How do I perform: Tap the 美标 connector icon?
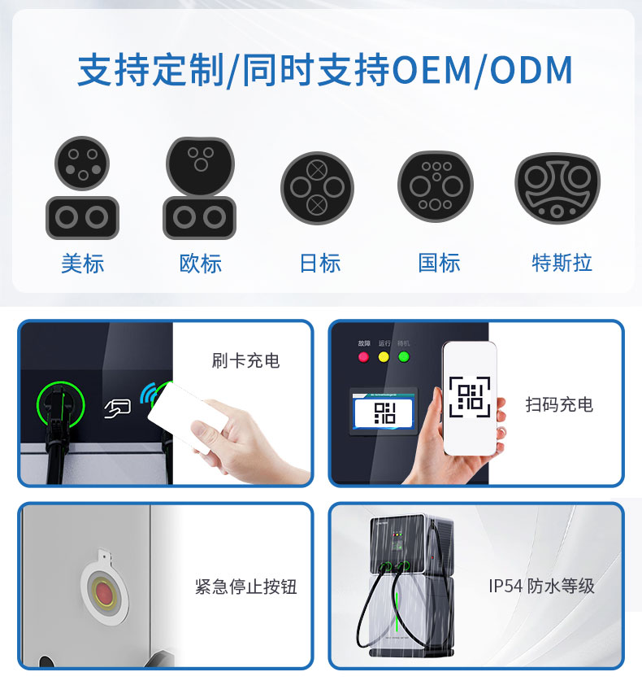click(x=81, y=187)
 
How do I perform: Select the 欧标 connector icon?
click(x=199, y=187)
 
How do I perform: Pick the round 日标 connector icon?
click(x=317, y=188)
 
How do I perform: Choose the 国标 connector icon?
click(x=436, y=187)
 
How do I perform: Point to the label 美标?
click(x=82, y=263)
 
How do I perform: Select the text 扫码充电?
click(x=559, y=404)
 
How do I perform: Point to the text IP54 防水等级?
click(x=541, y=586)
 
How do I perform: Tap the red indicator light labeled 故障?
click(x=364, y=356)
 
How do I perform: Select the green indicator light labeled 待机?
click(x=404, y=356)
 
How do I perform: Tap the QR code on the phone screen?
click(x=469, y=396)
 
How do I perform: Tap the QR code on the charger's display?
click(x=384, y=411)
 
